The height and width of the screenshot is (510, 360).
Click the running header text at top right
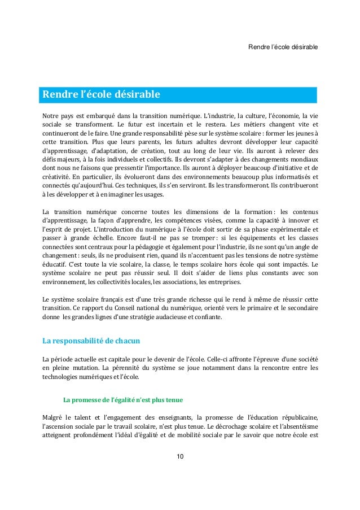click(283, 45)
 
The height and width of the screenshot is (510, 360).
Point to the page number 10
click(179, 456)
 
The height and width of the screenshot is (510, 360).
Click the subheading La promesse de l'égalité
click(123, 400)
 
